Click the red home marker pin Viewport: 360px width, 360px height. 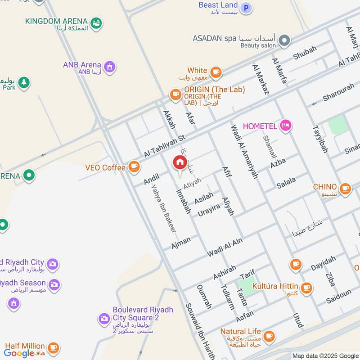pyautogui.click(x=180, y=163)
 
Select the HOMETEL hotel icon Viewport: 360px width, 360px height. pyautogui.click(x=285, y=126)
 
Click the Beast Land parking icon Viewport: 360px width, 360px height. pyautogui.click(x=246, y=8)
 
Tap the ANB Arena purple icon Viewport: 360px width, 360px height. pyautogui.click(x=109, y=67)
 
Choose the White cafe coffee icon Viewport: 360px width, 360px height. pyautogui.click(x=216, y=72)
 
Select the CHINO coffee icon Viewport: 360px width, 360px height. pyautogui.click(x=345, y=188)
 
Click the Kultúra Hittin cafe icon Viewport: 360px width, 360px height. pyautogui.click(x=306, y=288)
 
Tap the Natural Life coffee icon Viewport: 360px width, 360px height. pyautogui.click(x=269, y=336)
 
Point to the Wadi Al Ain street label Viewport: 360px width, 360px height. pyautogui.click(x=225, y=247)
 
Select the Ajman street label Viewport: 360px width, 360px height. pyautogui.click(x=180, y=243)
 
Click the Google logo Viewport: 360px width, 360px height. pyautogui.click(x=19, y=353)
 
